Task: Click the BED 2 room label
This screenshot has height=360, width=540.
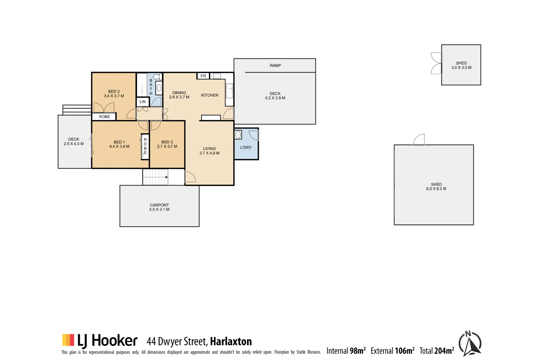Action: pyautogui.click(x=114, y=91)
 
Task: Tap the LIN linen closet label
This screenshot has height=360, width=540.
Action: pyautogui.click(x=142, y=102)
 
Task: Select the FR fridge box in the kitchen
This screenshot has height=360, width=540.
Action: pyautogui.click(x=203, y=76)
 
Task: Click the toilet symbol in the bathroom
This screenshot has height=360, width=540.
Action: pyautogui.click(x=157, y=77)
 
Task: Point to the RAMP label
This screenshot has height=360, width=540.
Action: pyautogui.click(x=275, y=65)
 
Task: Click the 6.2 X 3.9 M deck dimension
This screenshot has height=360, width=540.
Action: pyautogui.click(x=275, y=98)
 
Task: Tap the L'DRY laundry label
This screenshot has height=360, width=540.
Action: pyautogui.click(x=246, y=147)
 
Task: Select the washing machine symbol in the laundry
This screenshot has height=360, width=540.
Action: pyautogui.click(x=238, y=135)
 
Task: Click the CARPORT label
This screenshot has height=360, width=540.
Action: pyautogui.click(x=159, y=205)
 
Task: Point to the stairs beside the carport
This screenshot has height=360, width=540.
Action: pyautogui.click(x=155, y=177)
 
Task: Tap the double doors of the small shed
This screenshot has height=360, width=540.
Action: pyautogui.click(x=436, y=63)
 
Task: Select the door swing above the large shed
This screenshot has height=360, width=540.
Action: pyautogui.click(x=419, y=140)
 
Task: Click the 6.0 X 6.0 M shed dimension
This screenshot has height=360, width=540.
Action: pyautogui.click(x=436, y=189)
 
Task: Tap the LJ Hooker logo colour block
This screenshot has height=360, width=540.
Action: pyautogui.click(x=68, y=340)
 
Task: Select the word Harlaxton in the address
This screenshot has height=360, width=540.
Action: pyautogui.click(x=231, y=341)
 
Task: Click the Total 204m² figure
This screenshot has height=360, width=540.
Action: pyautogui.click(x=437, y=351)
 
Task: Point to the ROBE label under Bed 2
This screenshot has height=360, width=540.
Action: pyautogui.click(x=104, y=117)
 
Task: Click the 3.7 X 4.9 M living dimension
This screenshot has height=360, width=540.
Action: pyautogui.click(x=209, y=153)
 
